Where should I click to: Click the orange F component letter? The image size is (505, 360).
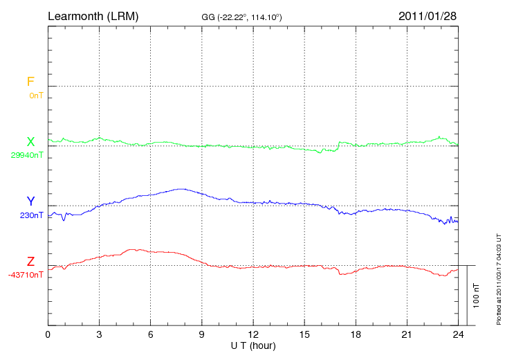pos(30,82)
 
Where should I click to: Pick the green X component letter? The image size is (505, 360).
pos(30,142)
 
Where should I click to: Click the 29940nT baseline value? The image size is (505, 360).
pos(26,156)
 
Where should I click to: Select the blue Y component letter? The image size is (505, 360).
pos(30,201)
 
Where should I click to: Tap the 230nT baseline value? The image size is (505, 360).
pos(32,215)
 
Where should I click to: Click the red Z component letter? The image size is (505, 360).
pos(30,262)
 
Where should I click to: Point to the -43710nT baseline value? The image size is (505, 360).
pos(26,276)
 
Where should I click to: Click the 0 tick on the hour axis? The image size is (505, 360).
pos(48,334)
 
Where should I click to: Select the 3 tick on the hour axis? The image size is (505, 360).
pos(99,334)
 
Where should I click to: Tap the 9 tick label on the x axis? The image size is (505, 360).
pos(201,334)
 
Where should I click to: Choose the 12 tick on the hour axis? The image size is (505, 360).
pos(253,334)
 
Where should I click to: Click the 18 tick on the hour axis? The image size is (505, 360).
pos(356,334)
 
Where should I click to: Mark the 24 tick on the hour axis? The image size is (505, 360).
pos(459,334)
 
